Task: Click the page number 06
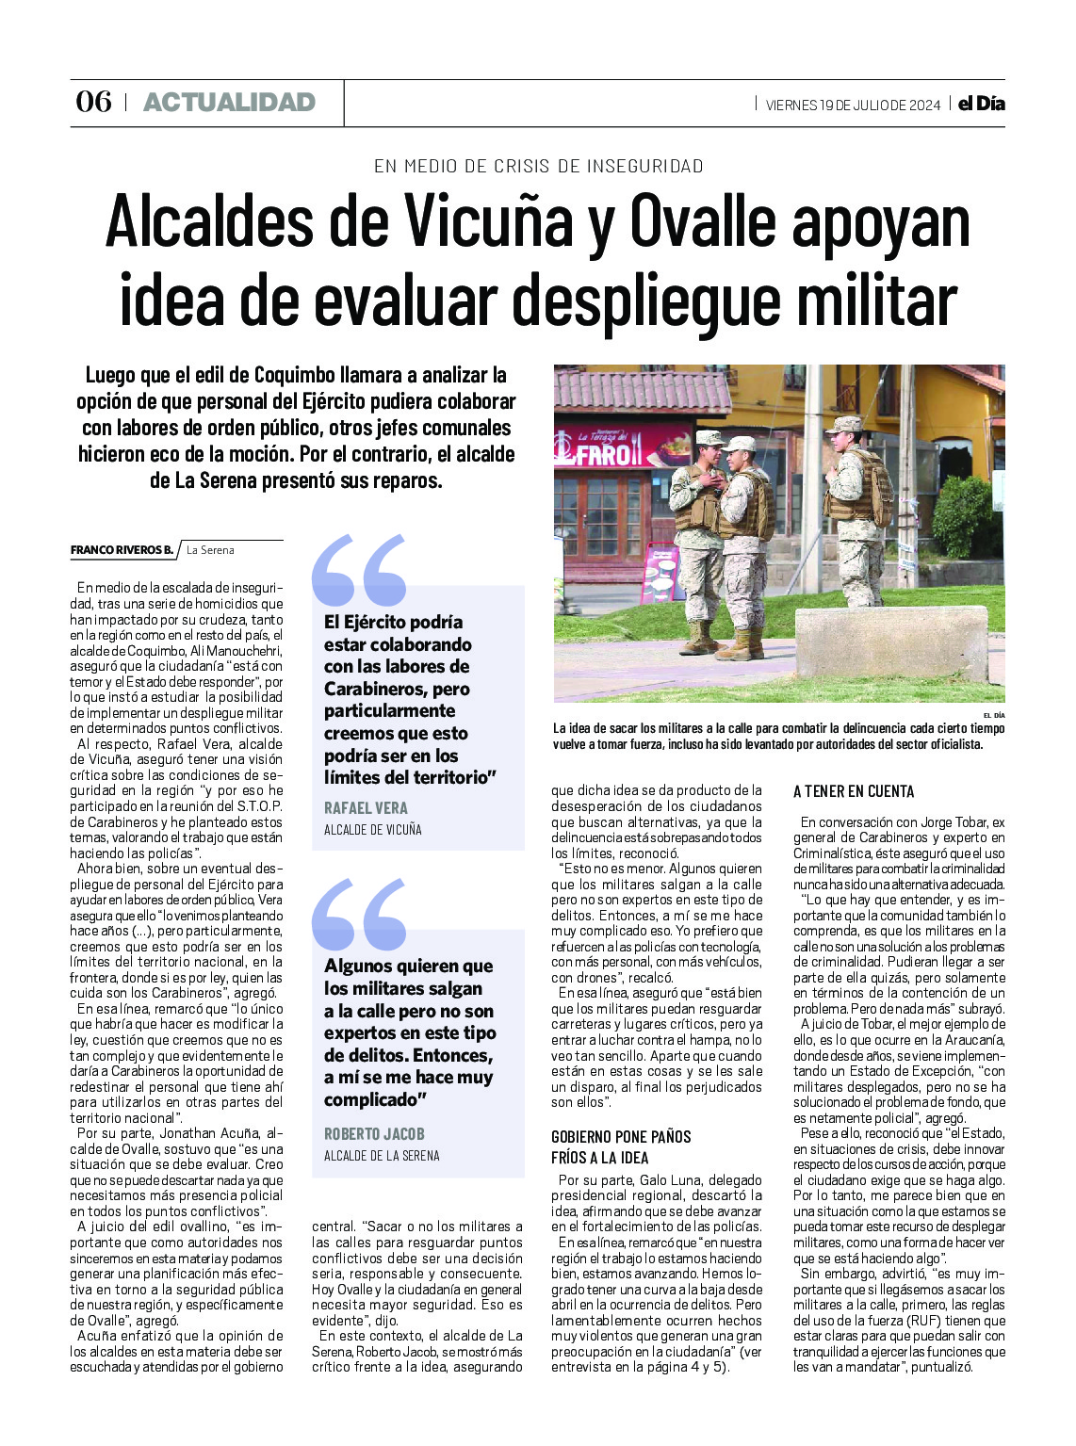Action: coord(93,102)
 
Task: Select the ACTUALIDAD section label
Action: coord(229,102)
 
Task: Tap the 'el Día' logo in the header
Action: coord(981,104)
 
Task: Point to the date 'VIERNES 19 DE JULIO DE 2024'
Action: coord(853,105)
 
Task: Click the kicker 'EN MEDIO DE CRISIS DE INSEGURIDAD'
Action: coord(538,166)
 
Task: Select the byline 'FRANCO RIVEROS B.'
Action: coord(122,550)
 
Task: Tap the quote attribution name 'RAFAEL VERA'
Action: coord(366,808)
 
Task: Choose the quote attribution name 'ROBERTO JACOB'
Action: coord(374,1134)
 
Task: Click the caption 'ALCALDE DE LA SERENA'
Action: coord(382,1156)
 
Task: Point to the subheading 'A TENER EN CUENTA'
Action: coord(854,791)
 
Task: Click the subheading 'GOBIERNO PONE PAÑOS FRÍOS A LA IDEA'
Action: coord(621,1146)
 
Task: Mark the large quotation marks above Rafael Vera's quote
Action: coord(359,570)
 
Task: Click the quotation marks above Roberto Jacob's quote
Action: coord(359,914)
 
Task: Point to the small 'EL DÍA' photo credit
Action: coord(993,716)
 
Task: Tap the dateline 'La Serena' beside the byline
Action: coord(210,550)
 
